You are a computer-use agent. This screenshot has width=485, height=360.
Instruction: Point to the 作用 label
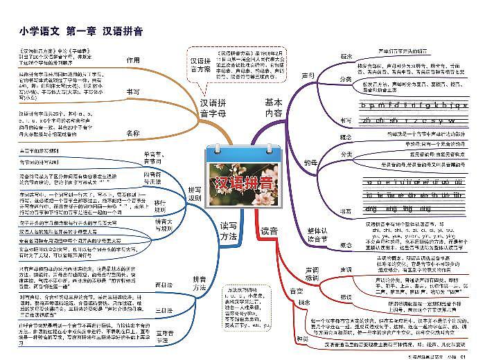coord(132,60)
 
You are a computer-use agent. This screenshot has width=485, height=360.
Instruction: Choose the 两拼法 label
coord(164,285)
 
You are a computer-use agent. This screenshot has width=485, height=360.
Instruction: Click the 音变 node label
coord(296,291)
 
